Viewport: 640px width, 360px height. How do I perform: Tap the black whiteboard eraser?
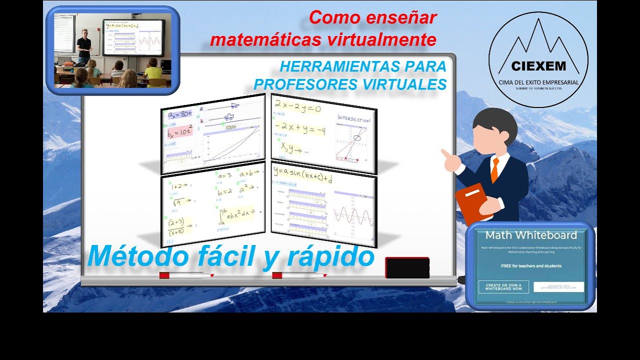[x=407, y=268]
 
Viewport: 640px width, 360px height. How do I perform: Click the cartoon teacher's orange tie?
[x=494, y=169]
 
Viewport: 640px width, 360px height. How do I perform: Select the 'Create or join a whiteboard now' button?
[x=503, y=286]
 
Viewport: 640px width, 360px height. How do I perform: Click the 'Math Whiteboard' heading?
[x=531, y=235]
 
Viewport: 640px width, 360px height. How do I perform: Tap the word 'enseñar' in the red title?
[x=405, y=18]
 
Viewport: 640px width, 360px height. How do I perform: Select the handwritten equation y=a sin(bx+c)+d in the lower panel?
[x=303, y=174]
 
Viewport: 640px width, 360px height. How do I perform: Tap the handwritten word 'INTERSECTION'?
[x=353, y=119]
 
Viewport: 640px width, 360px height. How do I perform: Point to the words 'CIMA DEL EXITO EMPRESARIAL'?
[x=538, y=82]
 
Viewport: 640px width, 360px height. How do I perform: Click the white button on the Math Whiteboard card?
[x=558, y=287]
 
